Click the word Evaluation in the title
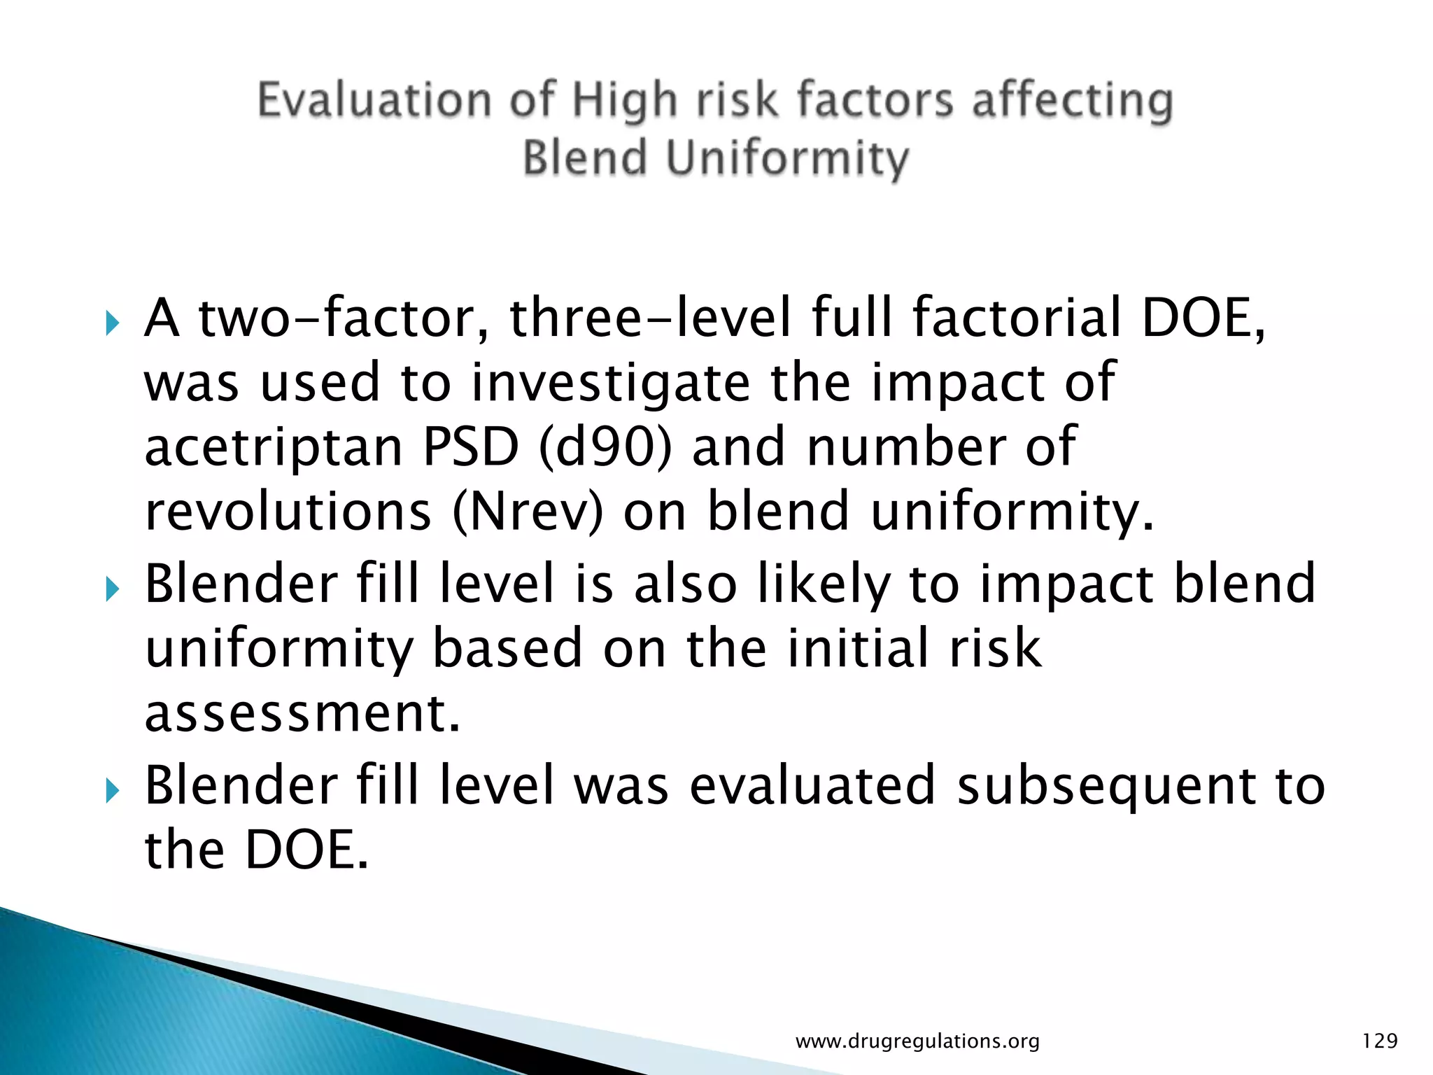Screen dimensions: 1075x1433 click(x=374, y=100)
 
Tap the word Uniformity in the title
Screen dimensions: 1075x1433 click(x=787, y=158)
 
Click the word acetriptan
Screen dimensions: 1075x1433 click(x=274, y=448)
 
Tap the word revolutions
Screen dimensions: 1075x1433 click(x=288, y=512)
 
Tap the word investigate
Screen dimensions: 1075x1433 click(x=610, y=384)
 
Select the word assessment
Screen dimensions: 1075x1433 click(x=302, y=714)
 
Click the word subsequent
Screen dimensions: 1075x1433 click(x=1106, y=785)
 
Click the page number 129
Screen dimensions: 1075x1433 click(x=1380, y=1041)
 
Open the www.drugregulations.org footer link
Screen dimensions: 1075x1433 click(x=917, y=1041)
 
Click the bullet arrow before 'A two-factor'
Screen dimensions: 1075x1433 click(x=112, y=323)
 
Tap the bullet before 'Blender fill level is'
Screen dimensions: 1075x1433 click(x=112, y=589)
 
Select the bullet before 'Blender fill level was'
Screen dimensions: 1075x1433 click(x=112, y=790)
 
